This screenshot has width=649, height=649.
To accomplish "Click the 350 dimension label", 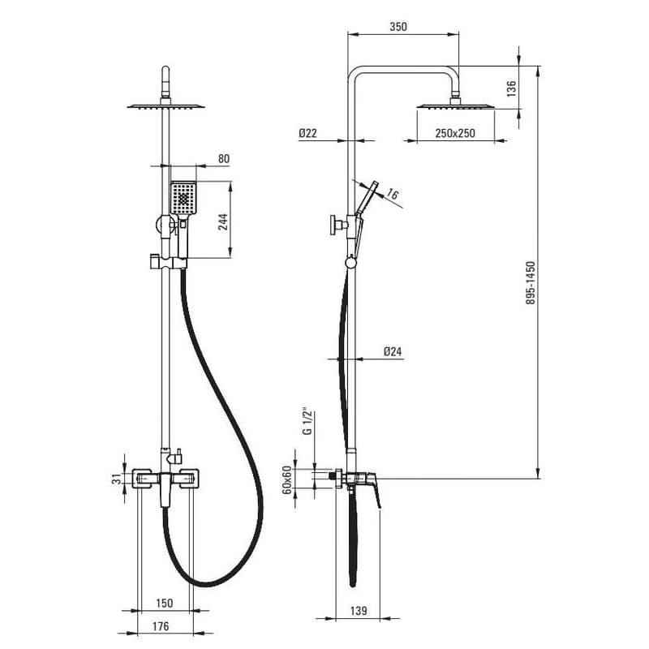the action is (x=398, y=27).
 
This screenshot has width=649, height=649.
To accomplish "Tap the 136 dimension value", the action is (x=512, y=88).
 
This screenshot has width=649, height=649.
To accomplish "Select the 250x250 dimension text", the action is (x=455, y=133).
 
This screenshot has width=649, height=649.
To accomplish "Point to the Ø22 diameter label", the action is (x=307, y=133).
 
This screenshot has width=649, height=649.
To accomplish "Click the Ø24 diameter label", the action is (x=393, y=351).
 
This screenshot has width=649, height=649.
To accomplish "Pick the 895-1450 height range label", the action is (x=531, y=282).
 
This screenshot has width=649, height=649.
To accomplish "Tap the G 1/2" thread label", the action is (x=307, y=423).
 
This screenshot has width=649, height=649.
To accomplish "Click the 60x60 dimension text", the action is (x=286, y=480).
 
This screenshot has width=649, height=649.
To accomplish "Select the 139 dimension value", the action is (x=359, y=611).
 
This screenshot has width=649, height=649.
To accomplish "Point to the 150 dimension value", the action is (x=165, y=603).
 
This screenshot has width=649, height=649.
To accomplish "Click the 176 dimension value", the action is (x=160, y=626).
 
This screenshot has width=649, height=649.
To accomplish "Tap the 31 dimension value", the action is (x=118, y=479).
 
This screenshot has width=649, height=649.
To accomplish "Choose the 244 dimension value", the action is (x=223, y=221).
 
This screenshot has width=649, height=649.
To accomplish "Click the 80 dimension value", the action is (x=224, y=159).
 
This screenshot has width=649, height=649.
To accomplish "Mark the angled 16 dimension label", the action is (x=393, y=194).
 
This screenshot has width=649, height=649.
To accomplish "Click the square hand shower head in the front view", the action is (x=183, y=198).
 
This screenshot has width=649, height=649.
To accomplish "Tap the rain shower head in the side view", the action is (x=455, y=106).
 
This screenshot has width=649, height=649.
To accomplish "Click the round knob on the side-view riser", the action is (x=334, y=226).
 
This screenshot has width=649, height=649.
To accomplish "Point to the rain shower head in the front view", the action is (x=165, y=107).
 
